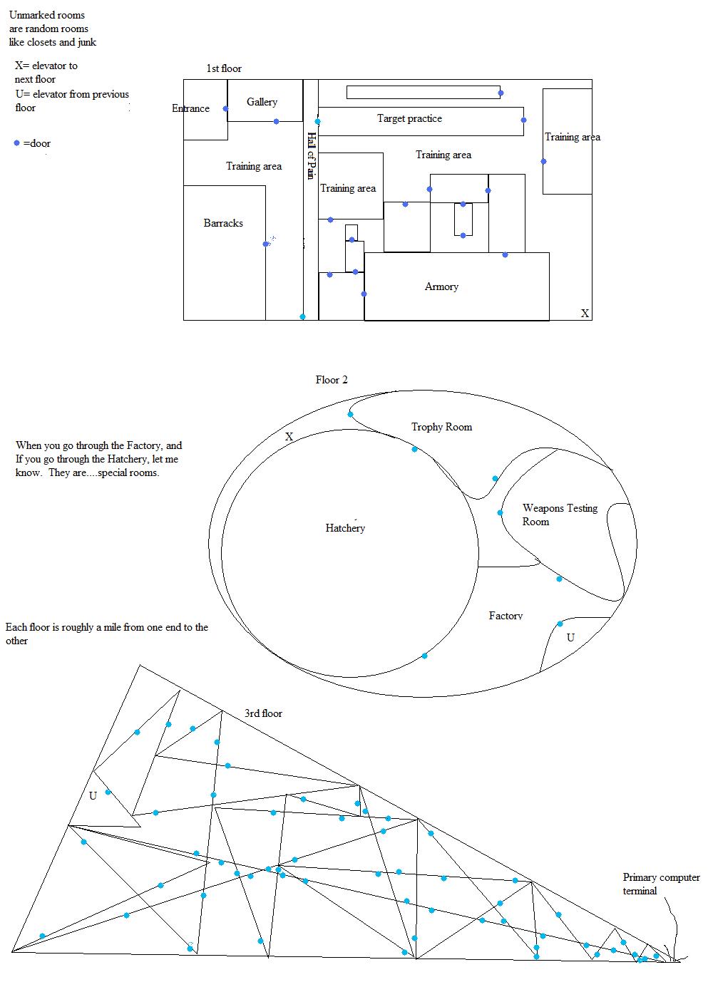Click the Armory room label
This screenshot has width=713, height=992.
pos(441,286)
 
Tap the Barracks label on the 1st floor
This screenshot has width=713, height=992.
pos(223,223)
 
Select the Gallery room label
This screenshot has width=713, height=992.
pos(262,102)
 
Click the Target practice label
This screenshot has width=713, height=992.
pos(409,118)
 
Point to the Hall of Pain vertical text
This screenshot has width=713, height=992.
pos(311,155)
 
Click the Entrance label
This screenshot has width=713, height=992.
pos(190,108)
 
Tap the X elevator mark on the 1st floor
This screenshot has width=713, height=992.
pos(585,313)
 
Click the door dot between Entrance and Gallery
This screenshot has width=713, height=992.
pos(226,109)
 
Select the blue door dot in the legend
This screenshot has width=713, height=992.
pos(17,143)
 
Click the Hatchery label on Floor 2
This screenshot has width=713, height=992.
pos(345,528)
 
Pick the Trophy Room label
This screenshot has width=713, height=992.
pos(441,427)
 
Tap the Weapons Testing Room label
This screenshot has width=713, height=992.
pos(560,515)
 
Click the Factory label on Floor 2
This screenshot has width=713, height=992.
pos(506,616)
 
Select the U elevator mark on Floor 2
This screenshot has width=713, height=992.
pos(570,638)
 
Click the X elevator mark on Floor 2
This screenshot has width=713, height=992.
pos(289,436)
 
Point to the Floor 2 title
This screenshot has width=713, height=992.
pos(332,380)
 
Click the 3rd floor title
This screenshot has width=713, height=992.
pos(263,713)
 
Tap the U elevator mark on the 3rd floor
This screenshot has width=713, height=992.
pos(93,796)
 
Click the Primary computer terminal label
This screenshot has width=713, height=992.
pos(661,884)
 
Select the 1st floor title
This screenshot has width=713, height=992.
pos(224,68)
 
